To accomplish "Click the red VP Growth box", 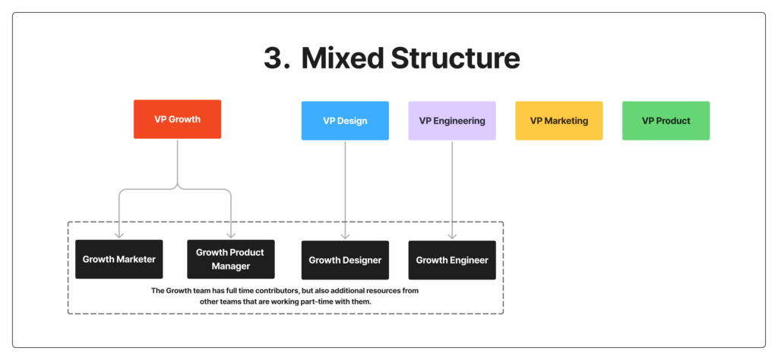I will (x=177, y=119).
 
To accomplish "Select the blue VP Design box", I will (x=345, y=121).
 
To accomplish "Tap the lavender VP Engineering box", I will (x=452, y=121).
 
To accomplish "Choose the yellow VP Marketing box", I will (x=558, y=121).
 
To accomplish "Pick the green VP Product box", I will (x=666, y=121).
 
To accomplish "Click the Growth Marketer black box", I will (x=119, y=259).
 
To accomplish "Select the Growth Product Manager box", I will (x=231, y=259).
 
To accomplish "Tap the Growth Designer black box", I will (x=345, y=261).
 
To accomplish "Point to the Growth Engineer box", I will (x=452, y=261).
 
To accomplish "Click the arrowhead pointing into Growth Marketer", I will (x=119, y=235).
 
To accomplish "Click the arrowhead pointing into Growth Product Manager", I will (x=231, y=235).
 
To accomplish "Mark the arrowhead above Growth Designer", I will (x=345, y=236).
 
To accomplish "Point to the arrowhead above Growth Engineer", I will (x=453, y=236).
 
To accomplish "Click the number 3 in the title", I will (x=274, y=58).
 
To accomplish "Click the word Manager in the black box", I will (x=231, y=267).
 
